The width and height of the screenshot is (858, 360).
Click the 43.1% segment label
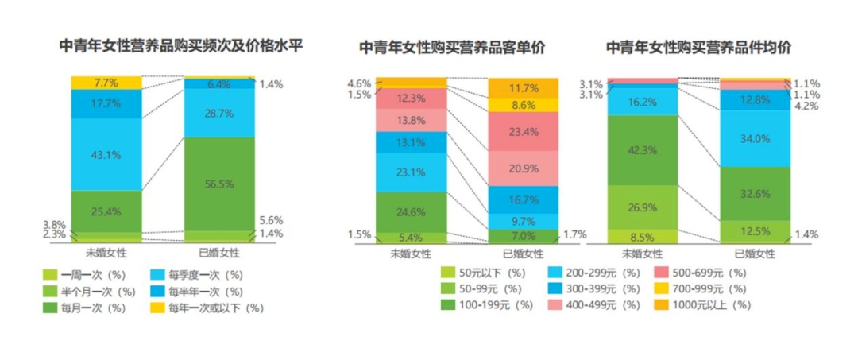point(106,153)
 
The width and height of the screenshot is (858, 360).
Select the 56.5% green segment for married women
point(219,184)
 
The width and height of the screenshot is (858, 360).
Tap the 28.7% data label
point(219,114)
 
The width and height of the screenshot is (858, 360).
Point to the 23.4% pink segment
point(523,131)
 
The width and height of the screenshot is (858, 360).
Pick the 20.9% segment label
point(523,168)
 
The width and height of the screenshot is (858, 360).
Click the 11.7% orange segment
point(523,88)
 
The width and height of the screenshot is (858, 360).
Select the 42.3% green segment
point(643,150)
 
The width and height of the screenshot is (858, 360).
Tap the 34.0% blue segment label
point(756,138)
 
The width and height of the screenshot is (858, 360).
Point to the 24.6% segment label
point(410,211)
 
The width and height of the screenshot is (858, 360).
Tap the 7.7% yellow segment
point(106,83)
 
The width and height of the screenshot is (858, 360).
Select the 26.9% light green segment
point(643,207)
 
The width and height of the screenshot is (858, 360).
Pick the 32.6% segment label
point(756,193)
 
